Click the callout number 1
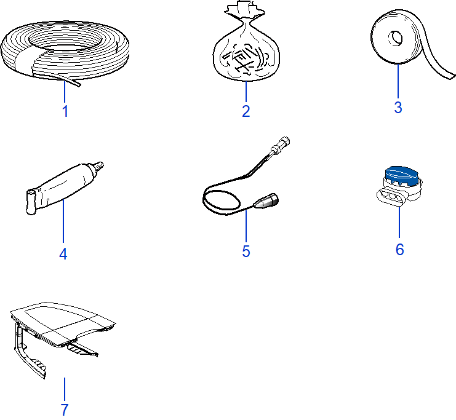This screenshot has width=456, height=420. [x=64, y=112]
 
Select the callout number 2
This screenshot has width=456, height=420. [x=246, y=111]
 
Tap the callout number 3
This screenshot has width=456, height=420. [x=398, y=108]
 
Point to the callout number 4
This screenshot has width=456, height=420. [x=63, y=253]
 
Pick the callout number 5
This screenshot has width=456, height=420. [x=246, y=252]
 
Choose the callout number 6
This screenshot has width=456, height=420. [x=399, y=250]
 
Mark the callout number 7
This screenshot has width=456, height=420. [x=64, y=410]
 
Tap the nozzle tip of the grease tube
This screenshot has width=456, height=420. [x=98, y=165]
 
